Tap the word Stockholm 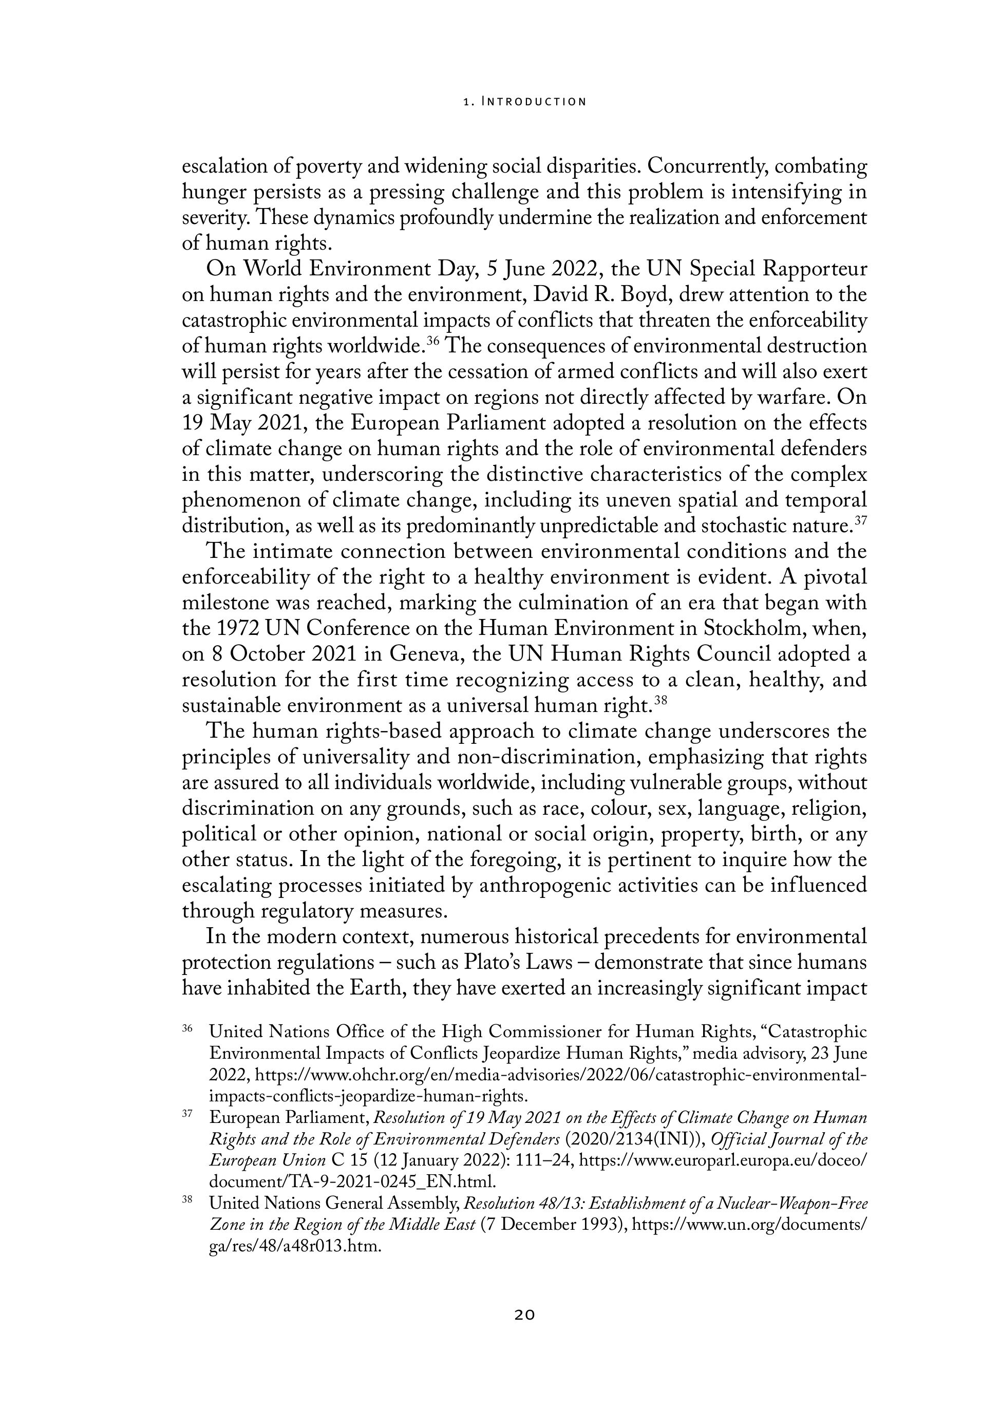[x=760, y=629]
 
